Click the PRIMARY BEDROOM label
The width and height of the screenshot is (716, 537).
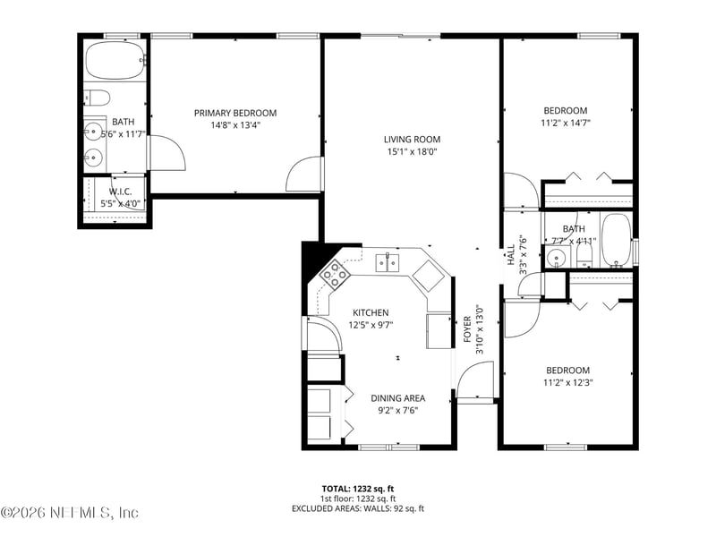pos(235,113)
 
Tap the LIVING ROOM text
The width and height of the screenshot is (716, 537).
pos(412,139)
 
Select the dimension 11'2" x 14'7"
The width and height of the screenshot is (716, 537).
pos(566,123)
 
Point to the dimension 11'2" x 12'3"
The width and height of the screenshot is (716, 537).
pos(567,382)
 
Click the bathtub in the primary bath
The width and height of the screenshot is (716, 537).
pos(114,61)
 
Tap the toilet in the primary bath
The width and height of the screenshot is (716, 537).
pos(98,97)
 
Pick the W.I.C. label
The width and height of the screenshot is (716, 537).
pos(121,192)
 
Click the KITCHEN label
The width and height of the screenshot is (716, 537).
pos(370,312)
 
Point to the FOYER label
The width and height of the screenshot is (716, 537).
pos(467,330)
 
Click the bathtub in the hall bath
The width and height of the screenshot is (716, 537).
pos(616,240)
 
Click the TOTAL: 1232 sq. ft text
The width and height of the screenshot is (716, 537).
pos(358,489)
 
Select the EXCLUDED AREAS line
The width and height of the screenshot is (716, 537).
pos(358,508)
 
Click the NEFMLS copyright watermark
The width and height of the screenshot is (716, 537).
pos(70,513)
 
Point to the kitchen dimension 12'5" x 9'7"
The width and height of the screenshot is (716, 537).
pos(370,325)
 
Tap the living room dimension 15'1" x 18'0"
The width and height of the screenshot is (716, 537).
pos(412,152)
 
